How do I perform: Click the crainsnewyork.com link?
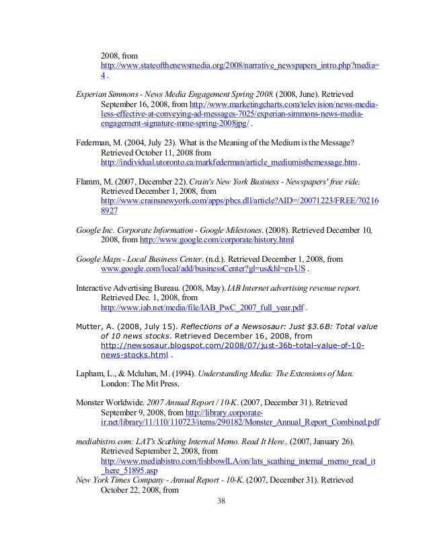click(x=239, y=201)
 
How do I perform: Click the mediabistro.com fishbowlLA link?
click(x=238, y=461)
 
